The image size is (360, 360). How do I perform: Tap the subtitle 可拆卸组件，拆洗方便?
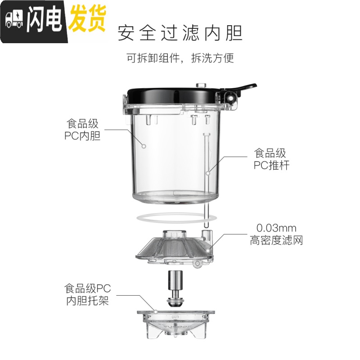point(180,58)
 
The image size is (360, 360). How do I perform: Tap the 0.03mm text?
point(276,228)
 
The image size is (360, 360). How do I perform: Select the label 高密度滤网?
point(276,240)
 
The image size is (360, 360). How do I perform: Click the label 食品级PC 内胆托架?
point(87,294)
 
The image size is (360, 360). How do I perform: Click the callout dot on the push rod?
point(208,173)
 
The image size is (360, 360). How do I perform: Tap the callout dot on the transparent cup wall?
point(144,146)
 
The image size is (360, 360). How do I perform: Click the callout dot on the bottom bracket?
point(155,311)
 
